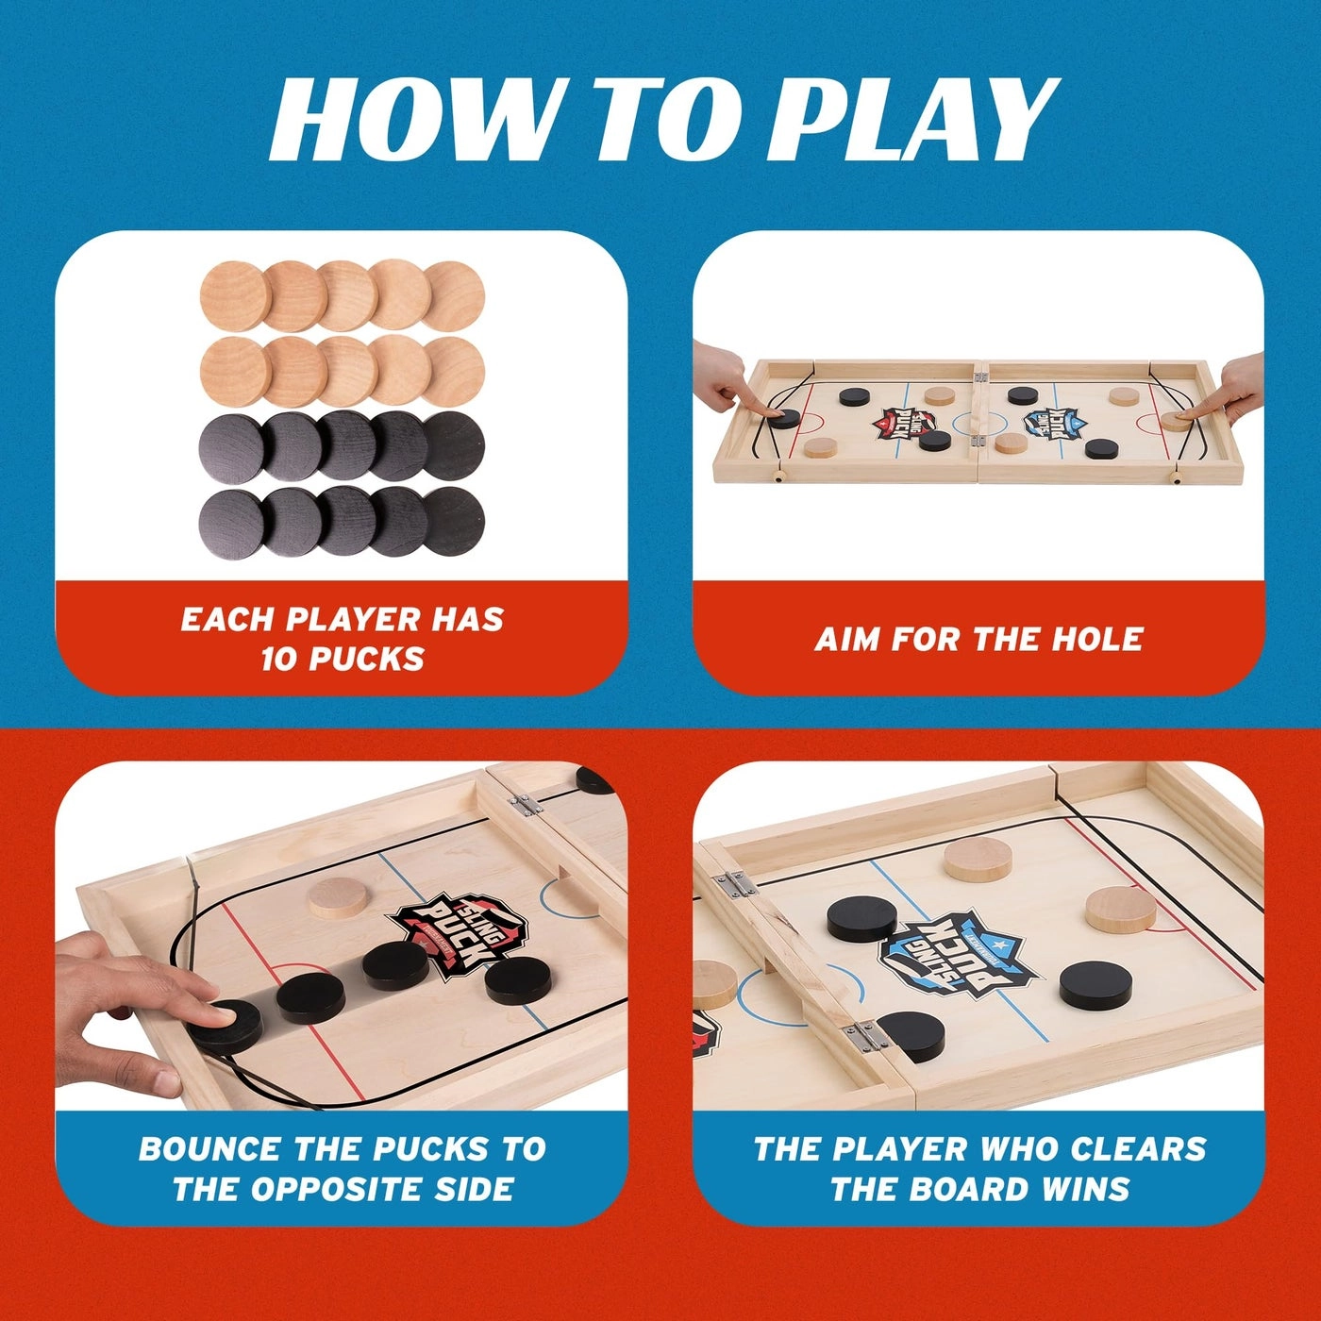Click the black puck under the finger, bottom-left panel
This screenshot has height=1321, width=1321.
pyautogui.click(x=225, y=1027)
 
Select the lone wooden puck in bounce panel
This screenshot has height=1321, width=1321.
pyautogui.click(x=338, y=897)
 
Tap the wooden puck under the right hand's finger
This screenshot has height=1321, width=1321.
pyautogui.click(x=1176, y=420)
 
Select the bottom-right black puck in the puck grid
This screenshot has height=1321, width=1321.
pyautogui.click(x=453, y=522)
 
